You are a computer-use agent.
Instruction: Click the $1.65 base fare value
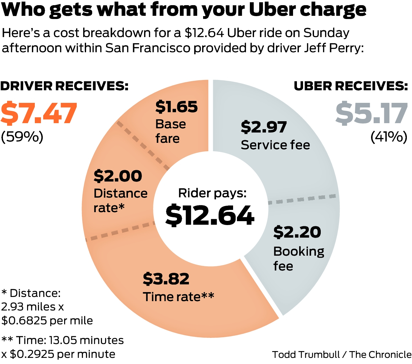pos(176,107)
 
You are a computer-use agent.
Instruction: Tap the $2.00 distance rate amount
pos(118,176)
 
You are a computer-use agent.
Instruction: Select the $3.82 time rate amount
pos(166,279)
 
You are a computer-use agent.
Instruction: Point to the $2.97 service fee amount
pos(264,127)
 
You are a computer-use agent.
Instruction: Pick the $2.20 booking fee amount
pos(297,232)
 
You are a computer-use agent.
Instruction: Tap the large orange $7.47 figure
pos(39,113)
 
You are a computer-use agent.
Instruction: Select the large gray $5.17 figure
pos(371,113)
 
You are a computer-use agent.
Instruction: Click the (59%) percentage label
pos(22,137)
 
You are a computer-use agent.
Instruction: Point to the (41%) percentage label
pos(389,137)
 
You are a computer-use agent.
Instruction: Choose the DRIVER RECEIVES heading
pos(64,86)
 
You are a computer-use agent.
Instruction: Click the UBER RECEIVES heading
pos(351,86)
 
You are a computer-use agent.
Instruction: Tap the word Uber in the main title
pos(272,10)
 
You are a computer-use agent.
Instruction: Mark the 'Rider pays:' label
pos(212,193)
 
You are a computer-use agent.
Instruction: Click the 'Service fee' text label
pos(275,145)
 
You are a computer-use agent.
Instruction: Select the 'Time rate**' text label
pos(178,297)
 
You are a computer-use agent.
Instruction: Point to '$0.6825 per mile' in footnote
pos(47,320)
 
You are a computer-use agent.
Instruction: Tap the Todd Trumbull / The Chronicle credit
pos(342,355)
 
